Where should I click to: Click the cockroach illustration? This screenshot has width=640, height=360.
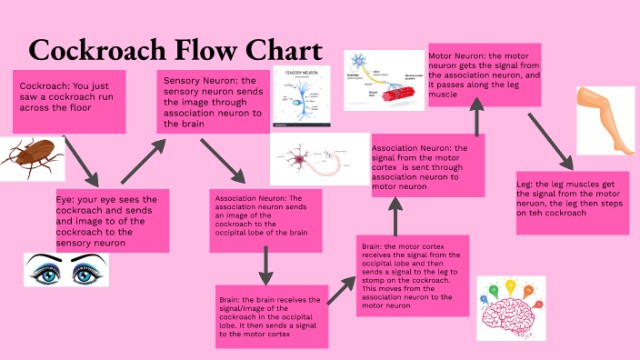31,157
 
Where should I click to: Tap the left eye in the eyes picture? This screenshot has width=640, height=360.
45,269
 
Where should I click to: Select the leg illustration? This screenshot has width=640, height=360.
606,120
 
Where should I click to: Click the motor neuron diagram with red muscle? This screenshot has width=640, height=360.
385,80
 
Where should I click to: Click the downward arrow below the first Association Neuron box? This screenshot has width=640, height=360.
265,265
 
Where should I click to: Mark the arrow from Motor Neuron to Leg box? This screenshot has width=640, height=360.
550,141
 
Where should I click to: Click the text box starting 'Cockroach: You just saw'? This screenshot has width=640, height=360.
68,101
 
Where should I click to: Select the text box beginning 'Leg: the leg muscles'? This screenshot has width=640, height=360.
573,195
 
